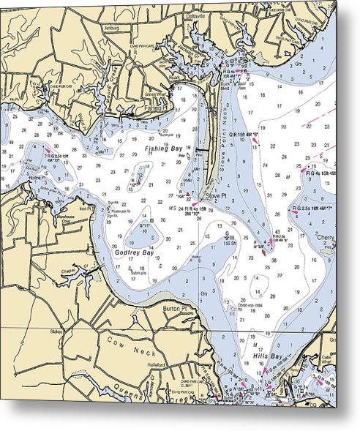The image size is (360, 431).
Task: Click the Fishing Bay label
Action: pyautogui.click(x=163, y=149)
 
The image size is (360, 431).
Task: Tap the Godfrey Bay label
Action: pyautogui.click(x=133, y=252)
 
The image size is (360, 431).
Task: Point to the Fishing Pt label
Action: pyautogui.click(x=156, y=108)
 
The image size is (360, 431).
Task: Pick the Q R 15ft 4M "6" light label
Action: pyautogui.click(x=247, y=135)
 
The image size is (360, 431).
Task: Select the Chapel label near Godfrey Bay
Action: pyautogui.click(x=69, y=269)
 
